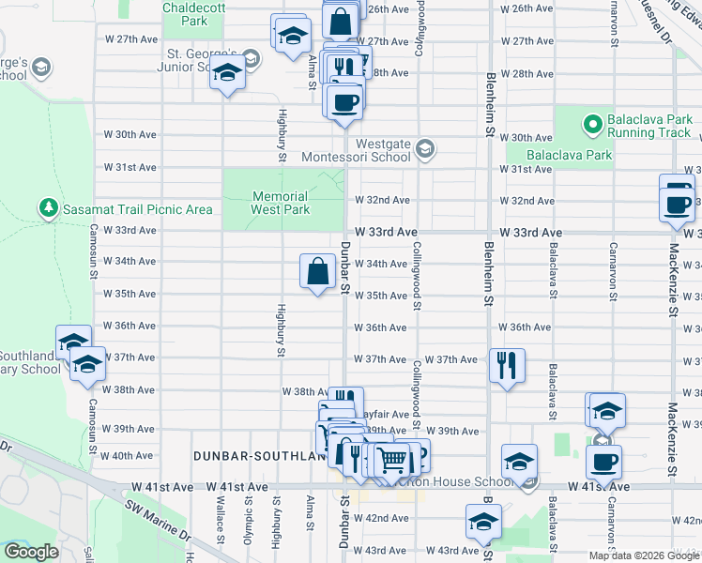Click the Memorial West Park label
point(280,203)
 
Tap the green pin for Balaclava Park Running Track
point(592,123)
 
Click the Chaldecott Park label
point(184,13)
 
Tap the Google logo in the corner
point(31,552)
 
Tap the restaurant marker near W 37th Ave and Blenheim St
point(507,365)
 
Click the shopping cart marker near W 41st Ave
point(393,460)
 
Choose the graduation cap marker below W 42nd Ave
point(484,524)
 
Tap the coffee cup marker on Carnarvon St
point(603,461)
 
